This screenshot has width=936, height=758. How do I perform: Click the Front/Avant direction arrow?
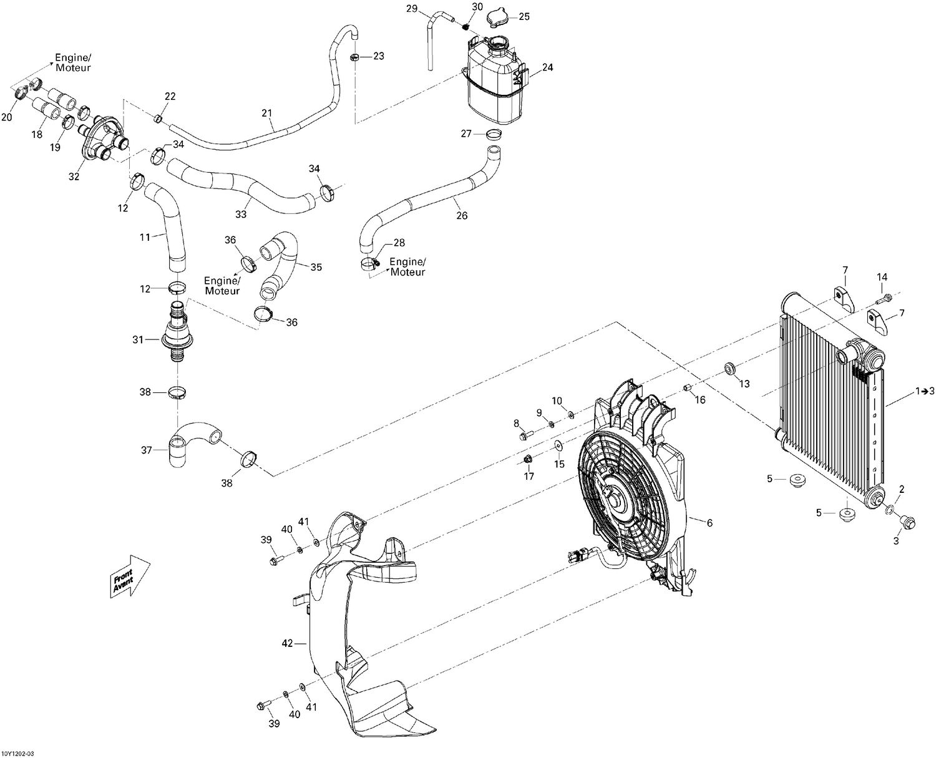tap(130, 576)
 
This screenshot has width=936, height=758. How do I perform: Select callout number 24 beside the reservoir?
tap(547, 67)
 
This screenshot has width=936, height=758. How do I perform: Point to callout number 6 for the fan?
tap(709, 523)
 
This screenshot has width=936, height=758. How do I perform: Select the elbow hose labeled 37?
tap(190, 444)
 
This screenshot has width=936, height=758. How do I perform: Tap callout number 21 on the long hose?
tap(267, 113)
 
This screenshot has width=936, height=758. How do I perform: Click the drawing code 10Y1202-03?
tap(19, 753)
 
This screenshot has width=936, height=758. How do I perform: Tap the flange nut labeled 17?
tap(527, 460)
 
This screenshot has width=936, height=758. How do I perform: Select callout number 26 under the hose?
tap(462, 216)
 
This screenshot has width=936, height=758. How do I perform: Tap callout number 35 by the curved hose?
tap(316, 267)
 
